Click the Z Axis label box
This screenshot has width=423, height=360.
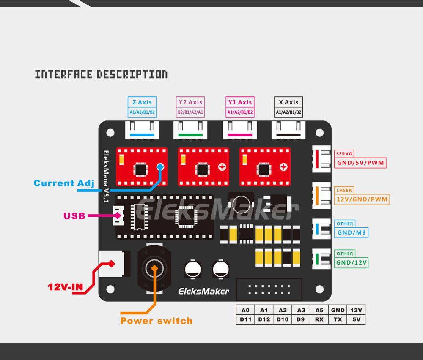tap(142, 102)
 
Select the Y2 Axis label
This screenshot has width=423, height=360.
tap(190, 102)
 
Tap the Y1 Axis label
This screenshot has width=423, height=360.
tap(240, 102)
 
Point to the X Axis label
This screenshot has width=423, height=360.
tap(288, 102)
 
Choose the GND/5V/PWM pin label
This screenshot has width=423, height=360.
tap(361, 163)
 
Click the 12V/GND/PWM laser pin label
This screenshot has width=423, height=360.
tap(362, 199)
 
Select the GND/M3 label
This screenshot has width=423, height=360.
tap(352, 232)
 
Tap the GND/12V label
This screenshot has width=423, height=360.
tap(352, 262)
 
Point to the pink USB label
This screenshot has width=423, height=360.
tap(74, 216)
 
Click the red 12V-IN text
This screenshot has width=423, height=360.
tap(66, 287)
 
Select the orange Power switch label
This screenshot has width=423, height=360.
tap(156, 321)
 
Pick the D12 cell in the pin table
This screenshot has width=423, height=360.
tap(264, 319)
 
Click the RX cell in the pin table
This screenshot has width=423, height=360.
tap(319, 319)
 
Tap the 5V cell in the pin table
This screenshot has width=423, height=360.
tap(356, 319)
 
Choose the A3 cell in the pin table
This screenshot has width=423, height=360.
tap(301, 310)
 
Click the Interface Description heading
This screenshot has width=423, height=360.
tap(101, 75)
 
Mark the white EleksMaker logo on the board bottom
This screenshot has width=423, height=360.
tap(203, 291)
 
